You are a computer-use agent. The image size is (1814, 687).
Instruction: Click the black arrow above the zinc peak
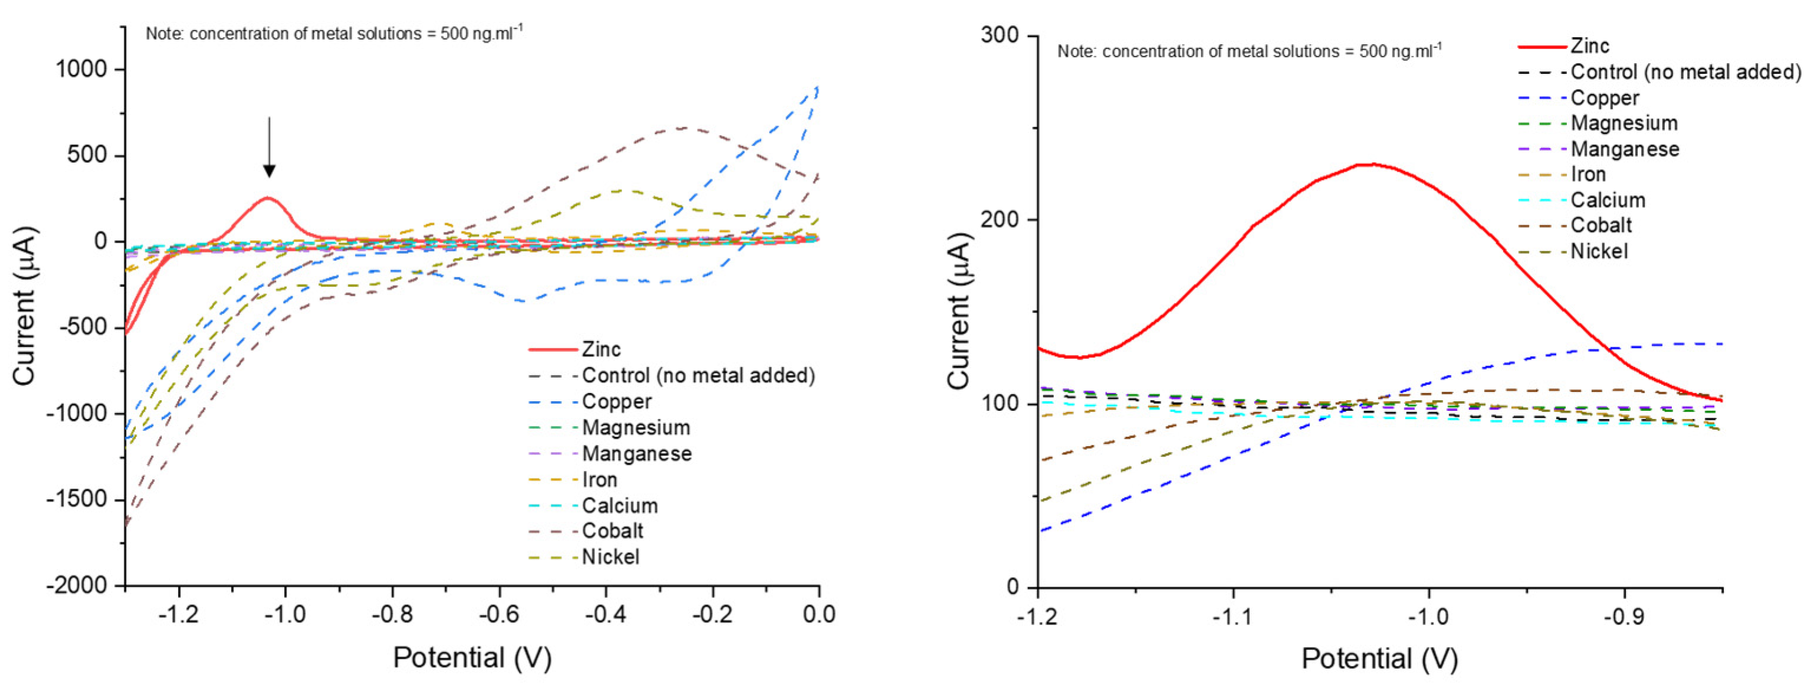click(x=269, y=148)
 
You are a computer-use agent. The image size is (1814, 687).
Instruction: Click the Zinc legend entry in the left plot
click(x=601, y=349)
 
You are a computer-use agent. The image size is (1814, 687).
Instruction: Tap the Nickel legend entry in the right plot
click(x=1599, y=251)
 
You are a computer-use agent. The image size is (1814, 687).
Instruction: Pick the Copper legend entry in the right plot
click(x=1604, y=98)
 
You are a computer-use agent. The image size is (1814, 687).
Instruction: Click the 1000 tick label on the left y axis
click(x=82, y=69)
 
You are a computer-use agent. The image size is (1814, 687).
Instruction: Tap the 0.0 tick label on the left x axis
click(x=819, y=614)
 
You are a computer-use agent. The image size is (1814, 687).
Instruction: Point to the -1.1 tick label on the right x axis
click(x=1233, y=617)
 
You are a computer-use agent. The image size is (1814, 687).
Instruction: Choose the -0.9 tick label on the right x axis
click(x=1624, y=617)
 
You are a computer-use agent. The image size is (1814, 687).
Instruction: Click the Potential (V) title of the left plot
click(x=472, y=657)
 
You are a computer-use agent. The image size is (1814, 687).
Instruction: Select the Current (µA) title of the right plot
click(x=959, y=310)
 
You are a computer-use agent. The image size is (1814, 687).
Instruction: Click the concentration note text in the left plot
click(x=334, y=34)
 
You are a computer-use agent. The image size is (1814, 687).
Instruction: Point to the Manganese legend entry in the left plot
click(x=636, y=454)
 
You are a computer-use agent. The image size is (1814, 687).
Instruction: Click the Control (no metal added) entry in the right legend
click(x=1685, y=73)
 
